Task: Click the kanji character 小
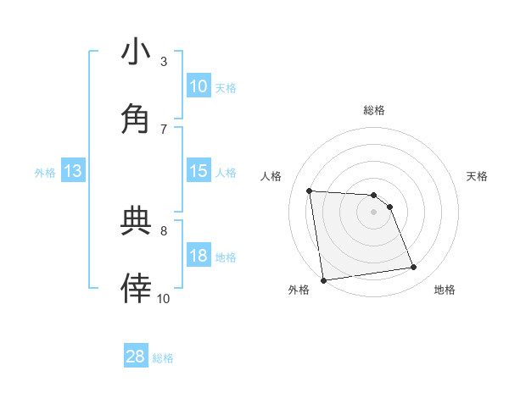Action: (x=136, y=53)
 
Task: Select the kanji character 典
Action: (x=136, y=222)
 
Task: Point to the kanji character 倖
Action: (x=136, y=289)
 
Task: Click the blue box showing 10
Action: (x=198, y=86)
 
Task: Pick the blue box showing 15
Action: (x=198, y=171)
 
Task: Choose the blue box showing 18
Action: (x=198, y=256)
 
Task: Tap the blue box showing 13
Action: (x=73, y=171)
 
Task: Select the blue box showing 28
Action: (x=136, y=357)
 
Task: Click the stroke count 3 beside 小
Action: (x=164, y=61)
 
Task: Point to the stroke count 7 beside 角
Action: (x=164, y=128)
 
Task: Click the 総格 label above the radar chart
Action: (x=374, y=110)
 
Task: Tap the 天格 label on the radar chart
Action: (x=477, y=176)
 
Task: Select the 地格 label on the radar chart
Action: (x=445, y=290)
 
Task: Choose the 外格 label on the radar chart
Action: (x=299, y=290)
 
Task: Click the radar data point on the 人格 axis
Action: (x=310, y=191)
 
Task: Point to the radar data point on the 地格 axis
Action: (x=414, y=268)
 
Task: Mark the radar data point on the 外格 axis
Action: (x=323, y=280)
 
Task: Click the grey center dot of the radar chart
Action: (x=374, y=212)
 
